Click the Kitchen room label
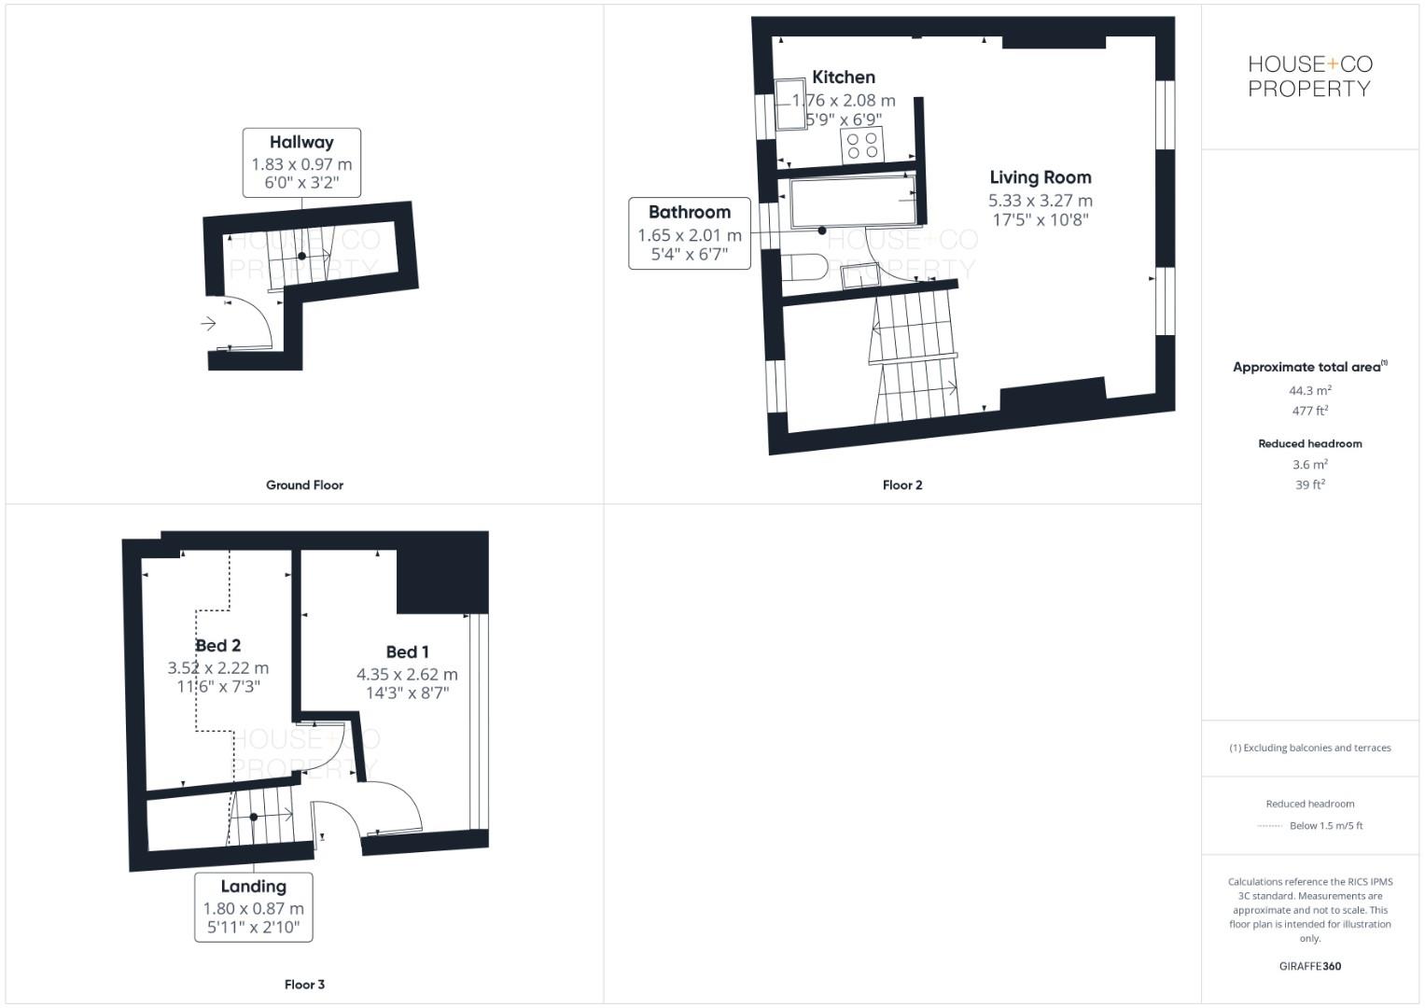point(843,77)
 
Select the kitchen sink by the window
point(790,104)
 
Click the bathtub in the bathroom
point(852,203)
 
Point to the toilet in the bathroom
point(803,266)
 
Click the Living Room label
point(1040,177)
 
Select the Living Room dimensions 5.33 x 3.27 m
point(1040,201)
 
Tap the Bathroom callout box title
point(689,212)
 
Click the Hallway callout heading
point(301,142)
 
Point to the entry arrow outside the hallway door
point(208,324)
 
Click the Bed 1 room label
point(407,652)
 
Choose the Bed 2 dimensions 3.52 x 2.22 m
point(218,668)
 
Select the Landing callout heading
point(253,887)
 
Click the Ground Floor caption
point(304,485)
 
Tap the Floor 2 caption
point(901,485)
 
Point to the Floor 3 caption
point(304,985)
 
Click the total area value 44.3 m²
point(1309,391)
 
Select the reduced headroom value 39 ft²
point(1309,484)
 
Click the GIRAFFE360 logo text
point(1309,966)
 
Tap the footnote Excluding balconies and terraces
point(1309,748)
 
